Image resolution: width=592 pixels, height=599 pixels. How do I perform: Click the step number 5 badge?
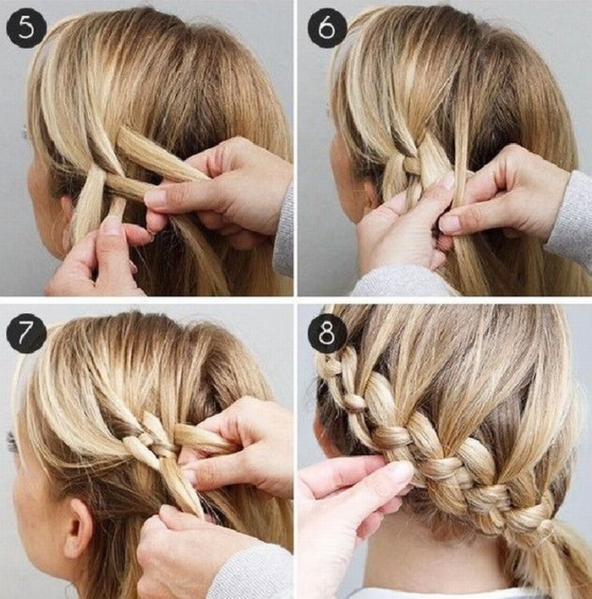(26, 28)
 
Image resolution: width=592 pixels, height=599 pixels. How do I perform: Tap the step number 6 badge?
(327, 28)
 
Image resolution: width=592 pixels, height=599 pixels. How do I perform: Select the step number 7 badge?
(26, 332)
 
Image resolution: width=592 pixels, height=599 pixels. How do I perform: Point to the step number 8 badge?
(327, 332)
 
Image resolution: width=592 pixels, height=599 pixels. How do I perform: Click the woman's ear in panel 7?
(79, 529)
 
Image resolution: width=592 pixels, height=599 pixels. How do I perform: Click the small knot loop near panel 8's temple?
(354, 402)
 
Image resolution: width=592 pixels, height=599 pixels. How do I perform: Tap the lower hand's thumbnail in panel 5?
(111, 226)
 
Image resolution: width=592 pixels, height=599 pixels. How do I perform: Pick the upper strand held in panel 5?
(161, 157)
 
